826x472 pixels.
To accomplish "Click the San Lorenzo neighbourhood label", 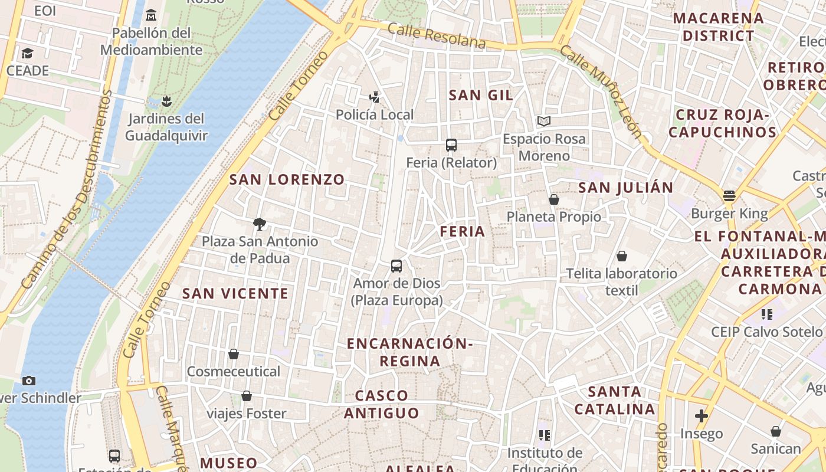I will pos(287,180).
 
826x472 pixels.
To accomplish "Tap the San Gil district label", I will pos(481,95).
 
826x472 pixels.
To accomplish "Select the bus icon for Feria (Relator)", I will pos(451,145).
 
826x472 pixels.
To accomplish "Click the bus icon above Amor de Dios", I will pos(396,266).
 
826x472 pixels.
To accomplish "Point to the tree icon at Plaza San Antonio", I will pos(259,224).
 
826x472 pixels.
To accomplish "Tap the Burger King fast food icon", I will pos(729,196).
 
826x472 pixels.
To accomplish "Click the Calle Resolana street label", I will pos(437,36).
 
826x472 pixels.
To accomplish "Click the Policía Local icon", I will pos(374,97).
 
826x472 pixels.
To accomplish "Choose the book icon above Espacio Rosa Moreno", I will pos(544,121).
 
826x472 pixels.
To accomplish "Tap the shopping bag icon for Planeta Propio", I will pos(553,199).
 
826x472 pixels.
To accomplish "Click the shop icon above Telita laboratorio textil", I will pos(621,256).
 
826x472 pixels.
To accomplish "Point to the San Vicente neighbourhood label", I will pos(235,293).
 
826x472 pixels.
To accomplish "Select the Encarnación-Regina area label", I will pos(410,352).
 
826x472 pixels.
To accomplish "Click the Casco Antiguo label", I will pos(382,404).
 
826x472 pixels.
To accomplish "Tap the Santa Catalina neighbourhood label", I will pos(615,400).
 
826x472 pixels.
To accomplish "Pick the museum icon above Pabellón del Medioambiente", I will pos(151,15).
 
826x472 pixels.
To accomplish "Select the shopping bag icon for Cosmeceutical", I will pos(234,354).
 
